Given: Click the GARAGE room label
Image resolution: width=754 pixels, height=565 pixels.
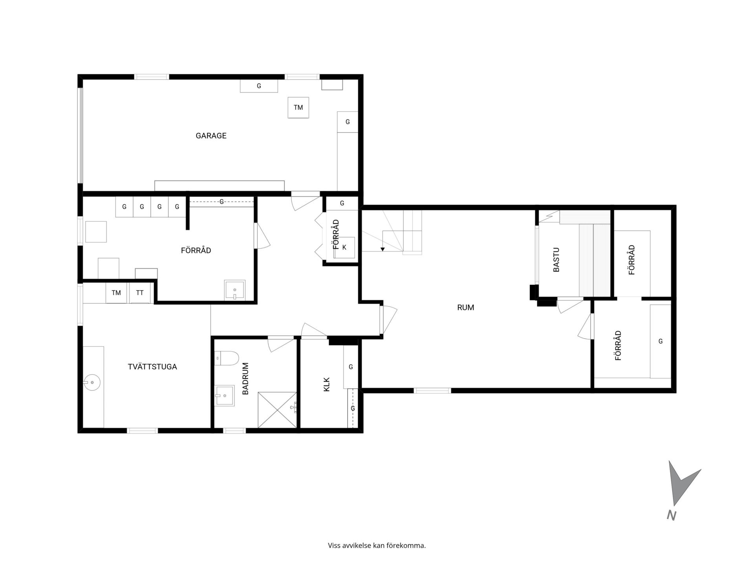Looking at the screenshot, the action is coord(211,136).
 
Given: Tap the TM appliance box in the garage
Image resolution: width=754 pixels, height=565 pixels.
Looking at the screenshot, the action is coord(298,108).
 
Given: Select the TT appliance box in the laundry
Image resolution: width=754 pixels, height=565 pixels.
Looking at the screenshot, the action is coord(140,293).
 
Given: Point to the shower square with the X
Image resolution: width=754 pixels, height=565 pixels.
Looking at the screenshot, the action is coord(277,410).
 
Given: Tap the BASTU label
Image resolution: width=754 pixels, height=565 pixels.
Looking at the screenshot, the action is coord(556,260).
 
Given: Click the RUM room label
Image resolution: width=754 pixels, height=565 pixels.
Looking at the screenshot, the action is coord(465,308).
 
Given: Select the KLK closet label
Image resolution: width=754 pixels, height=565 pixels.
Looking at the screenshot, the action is coord(327,385).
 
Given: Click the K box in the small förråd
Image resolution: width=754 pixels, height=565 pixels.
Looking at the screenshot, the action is coord(344,248).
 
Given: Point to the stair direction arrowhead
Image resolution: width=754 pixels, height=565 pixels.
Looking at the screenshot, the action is coord(382,249).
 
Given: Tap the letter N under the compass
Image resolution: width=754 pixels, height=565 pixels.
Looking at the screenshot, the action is coord(672,516).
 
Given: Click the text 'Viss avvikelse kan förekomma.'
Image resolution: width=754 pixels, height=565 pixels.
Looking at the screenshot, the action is coord(377,545).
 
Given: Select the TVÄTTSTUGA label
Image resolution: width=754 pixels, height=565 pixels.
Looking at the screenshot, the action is coord(152,367).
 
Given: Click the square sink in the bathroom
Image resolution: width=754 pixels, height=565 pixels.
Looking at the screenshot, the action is coord(225,395).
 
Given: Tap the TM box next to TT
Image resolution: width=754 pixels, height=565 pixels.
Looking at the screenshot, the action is coord(116,293).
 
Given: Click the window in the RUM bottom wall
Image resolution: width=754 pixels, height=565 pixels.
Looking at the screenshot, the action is coord(432,390).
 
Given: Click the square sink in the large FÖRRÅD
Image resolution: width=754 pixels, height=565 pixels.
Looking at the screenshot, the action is coord(235,290).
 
